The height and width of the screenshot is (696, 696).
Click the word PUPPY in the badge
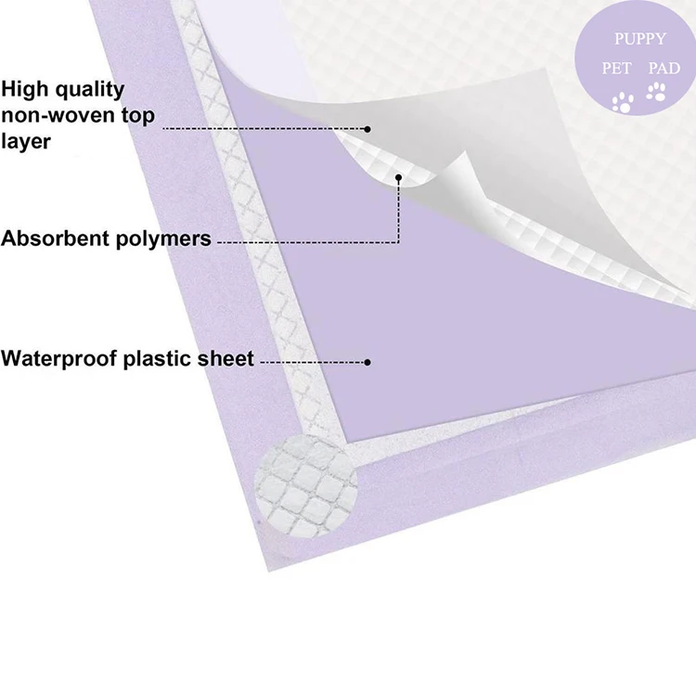pyautogui.click(x=639, y=39)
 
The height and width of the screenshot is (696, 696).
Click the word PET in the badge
pyautogui.click(x=617, y=69)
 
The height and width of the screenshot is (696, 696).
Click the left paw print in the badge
pyautogui.click(x=622, y=100)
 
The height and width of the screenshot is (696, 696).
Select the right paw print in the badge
pyautogui.click(x=656, y=91)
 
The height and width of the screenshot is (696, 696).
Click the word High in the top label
pyautogui.click(x=27, y=89)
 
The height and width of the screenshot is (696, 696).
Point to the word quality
pyautogui.click(x=91, y=90)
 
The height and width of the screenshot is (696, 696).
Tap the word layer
pyautogui.click(x=25, y=142)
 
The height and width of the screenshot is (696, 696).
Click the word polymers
pyautogui.click(x=166, y=239)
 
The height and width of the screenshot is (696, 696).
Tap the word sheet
pyautogui.click(x=224, y=358)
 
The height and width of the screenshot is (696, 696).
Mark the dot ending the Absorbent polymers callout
pyautogui.click(x=399, y=176)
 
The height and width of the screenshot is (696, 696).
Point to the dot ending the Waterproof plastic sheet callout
pyautogui.click(x=368, y=361)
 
